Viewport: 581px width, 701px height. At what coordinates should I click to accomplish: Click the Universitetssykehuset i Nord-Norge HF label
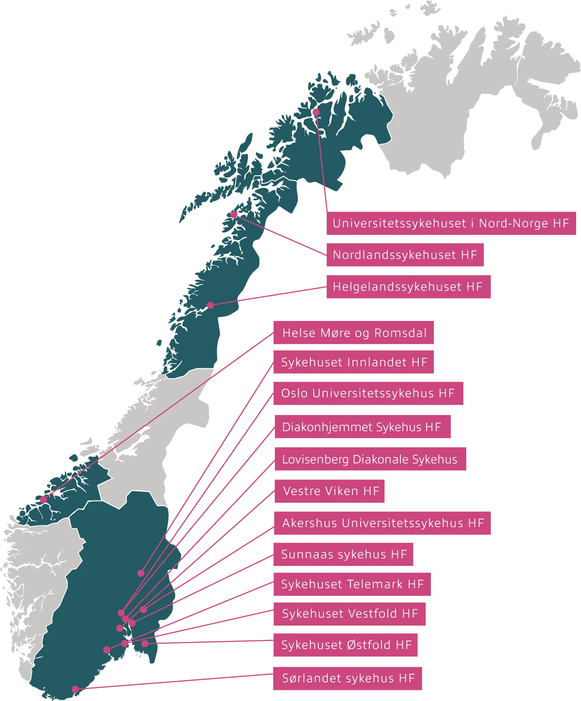click(x=451, y=223)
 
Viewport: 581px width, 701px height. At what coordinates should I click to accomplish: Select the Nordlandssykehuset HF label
click(x=405, y=255)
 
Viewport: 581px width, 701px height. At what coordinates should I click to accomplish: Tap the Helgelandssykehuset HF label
click(x=408, y=287)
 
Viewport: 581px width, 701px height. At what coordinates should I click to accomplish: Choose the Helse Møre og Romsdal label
click(x=354, y=333)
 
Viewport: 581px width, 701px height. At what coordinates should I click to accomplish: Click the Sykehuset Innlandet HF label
click(x=354, y=363)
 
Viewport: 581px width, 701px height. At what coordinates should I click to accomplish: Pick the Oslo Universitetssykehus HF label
click(x=368, y=393)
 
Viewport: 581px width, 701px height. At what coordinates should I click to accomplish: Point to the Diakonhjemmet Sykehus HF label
click(x=362, y=427)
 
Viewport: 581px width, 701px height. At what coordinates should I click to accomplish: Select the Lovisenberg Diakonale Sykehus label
click(x=369, y=459)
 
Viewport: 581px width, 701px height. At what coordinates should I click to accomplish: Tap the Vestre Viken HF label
click(x=331, y=491)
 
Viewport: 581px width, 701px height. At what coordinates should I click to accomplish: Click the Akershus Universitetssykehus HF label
click(x=383, y=523)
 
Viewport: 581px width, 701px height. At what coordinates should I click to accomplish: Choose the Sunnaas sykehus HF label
click(x=344, y=554)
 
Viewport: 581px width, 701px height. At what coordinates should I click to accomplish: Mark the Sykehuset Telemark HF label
click(x=352, y=584)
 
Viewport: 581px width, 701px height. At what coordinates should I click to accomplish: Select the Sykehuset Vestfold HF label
click(x=350, y=614)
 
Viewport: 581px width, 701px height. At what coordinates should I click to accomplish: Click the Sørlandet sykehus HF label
click(x=348, y=679)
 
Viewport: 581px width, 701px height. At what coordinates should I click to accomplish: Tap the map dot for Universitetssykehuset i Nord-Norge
click(x=316, y=112)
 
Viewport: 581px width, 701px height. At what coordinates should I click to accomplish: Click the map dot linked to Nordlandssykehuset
click(x=234, y=214)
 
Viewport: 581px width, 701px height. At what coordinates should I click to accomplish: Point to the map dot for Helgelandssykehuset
click(x=210, y=305)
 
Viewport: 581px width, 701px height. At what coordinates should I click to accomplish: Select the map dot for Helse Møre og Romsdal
click(x=43, y=500)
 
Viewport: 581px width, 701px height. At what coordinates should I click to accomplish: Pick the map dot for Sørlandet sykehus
click(x=75, y=689)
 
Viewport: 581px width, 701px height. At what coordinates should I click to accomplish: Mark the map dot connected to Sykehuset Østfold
click(x=145, y=644)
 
